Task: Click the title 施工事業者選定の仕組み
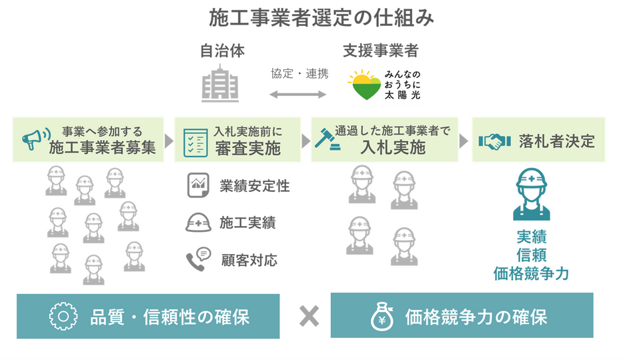point(321,18)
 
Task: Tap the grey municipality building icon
point(220,83)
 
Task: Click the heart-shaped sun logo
point(364,85)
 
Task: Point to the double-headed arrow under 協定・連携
point(298,94)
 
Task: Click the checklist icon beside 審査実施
point(195,143)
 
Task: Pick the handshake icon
point(495,141)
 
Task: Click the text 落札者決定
point(557,141)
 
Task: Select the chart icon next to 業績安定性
point(198,185)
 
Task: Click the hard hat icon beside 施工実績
point(198,222)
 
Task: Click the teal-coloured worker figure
point(532,194)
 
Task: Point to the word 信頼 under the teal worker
point(532,255)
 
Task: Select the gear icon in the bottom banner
point(63,317)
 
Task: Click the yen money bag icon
point(382,317)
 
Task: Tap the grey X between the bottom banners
point(309,317)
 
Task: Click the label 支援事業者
point(381,51)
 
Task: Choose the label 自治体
point(222,51)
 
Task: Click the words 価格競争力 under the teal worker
point(531,274)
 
